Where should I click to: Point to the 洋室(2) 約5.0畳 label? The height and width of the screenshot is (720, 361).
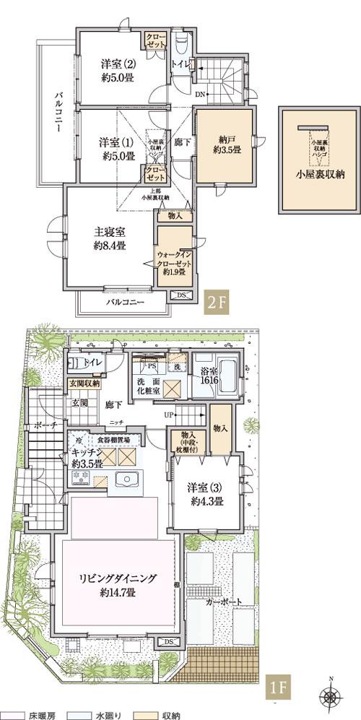[x=117, y=71]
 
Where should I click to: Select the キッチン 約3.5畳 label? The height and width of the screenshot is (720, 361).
[x=87, y=458]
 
